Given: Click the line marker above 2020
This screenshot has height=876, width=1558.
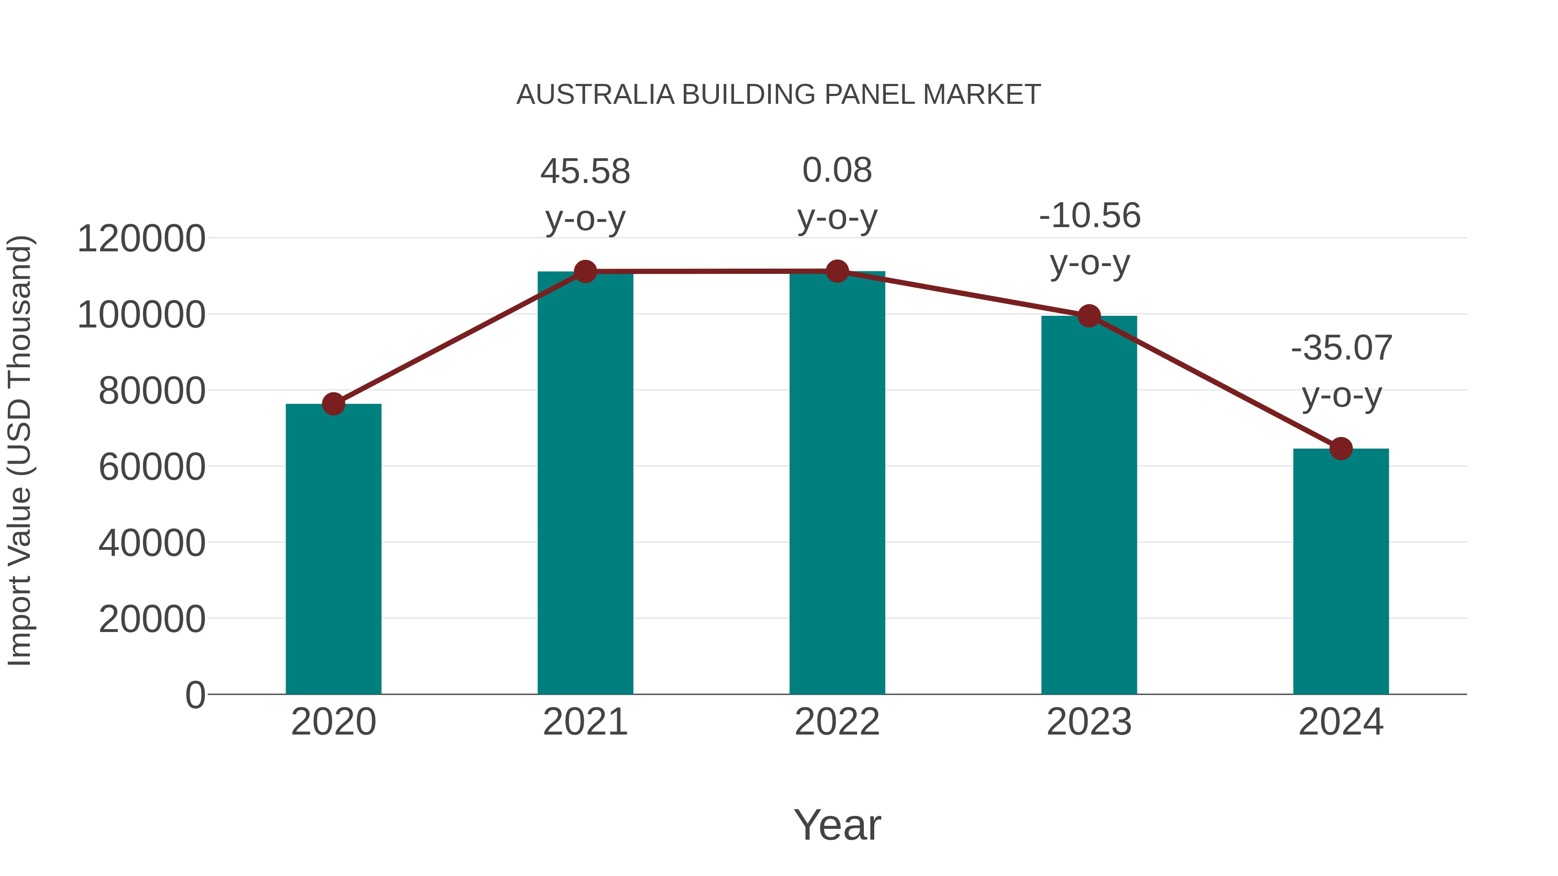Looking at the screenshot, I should tap(333, 404).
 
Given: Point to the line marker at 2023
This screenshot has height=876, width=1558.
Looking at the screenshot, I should tap(1089, 316).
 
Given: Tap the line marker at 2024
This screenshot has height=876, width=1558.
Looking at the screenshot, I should tap(1341, 449).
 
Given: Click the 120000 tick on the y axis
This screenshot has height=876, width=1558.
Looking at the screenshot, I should tap(142, 238).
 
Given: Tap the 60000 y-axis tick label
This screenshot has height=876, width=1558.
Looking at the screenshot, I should tap(152, 467).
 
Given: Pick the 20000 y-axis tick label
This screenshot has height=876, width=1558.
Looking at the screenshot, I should tap(152, 619).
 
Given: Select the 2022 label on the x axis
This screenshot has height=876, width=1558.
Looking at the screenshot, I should tap(837, 722).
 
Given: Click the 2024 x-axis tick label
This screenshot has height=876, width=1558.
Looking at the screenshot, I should tap(1341, 722).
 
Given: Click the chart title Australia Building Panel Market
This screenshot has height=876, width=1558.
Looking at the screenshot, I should tap(779, 95).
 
